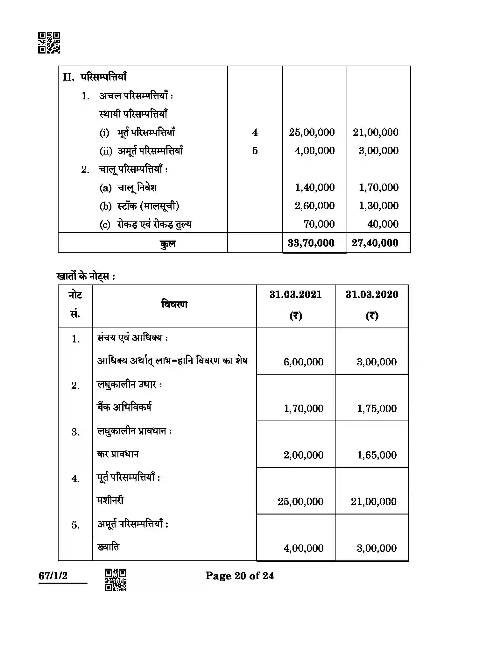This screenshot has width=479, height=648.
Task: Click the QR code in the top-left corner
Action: [x=49, y=42]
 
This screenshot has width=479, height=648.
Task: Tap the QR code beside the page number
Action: [x=116, y=580]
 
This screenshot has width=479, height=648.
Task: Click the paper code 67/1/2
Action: [x=53, y=576]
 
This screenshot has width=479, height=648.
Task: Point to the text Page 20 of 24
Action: [x=239, y=576]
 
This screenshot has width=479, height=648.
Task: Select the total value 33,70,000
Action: [x=311, y=243]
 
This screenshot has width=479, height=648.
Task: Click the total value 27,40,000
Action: [x=375, y=243]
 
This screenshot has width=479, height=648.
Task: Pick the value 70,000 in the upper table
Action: [x=319, y=224]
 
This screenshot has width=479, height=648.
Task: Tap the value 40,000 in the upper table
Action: [x=383, y=224]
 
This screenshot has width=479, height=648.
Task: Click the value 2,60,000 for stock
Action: [x=314, y=206]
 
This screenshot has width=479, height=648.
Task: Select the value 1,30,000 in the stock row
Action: [x=378, y=206]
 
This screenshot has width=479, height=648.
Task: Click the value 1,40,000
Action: [x=314, y=187]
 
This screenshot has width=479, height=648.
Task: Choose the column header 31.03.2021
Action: [x=296, y=294]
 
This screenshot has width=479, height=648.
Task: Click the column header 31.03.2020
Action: [x=372, y=294]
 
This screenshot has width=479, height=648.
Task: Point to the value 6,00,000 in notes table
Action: [x=303, y=362]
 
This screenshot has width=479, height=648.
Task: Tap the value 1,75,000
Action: [x=377, y=408]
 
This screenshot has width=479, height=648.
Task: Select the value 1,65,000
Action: [x=377, y=455]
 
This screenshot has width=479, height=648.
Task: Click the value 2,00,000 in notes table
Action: [x=303, y=455]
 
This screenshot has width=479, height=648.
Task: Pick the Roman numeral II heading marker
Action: [x=68, y=77]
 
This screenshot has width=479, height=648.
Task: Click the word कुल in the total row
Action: [x=167, y=244]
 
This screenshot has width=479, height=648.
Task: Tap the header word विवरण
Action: [x=174, y=304]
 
